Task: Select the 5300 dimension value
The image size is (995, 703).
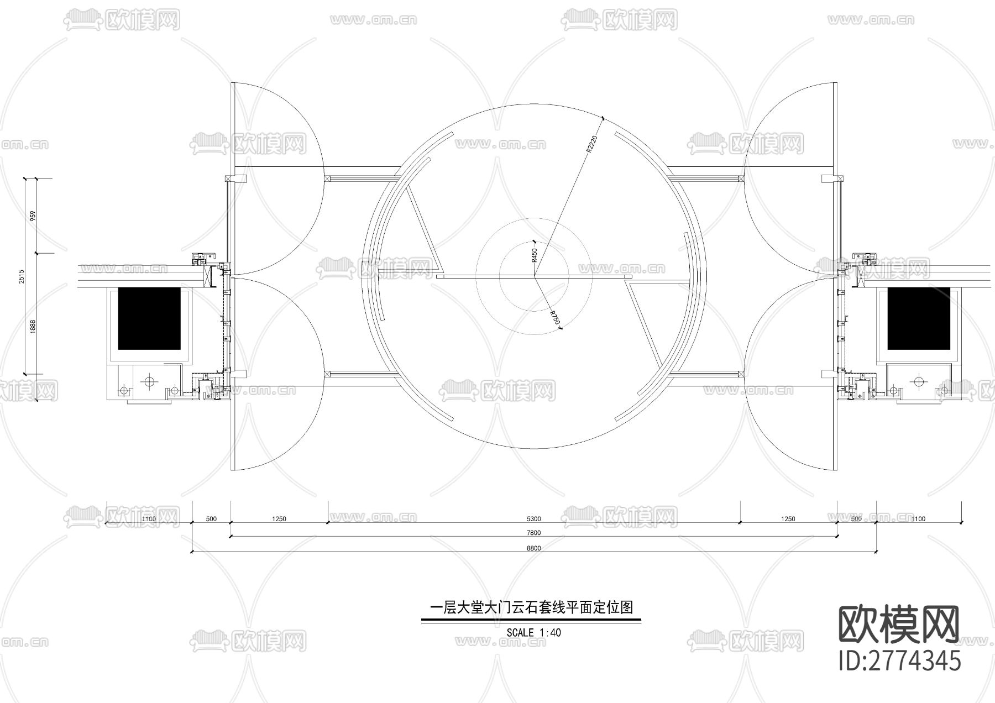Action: point(533,519)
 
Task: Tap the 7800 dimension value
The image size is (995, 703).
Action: point(533,533)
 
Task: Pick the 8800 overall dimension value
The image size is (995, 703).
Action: point(533,548)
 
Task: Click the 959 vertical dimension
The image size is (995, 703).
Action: point(33,216)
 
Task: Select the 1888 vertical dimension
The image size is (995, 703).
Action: point(33,326)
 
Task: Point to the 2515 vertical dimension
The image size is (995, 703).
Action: point(22,276)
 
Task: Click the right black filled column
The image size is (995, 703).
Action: point(918,318)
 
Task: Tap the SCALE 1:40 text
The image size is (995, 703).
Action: point(533,633)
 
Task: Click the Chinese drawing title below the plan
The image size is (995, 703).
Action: point(531,608)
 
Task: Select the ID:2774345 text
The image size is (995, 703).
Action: point(900,661)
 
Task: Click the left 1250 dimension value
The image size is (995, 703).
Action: point(279,519)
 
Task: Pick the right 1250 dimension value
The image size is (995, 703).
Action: point(788,519)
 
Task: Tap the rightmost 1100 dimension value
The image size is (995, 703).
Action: point(918,519)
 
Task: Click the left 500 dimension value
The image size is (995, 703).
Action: point(211,519)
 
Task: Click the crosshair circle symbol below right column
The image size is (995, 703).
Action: point(919,381)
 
